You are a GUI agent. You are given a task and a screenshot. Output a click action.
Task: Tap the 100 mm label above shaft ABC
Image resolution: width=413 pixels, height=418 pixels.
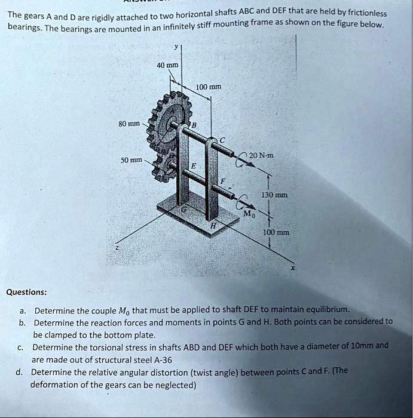[209, 87]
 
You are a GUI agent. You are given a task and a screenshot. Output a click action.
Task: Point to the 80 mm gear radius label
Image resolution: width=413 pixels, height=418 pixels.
[129, 124]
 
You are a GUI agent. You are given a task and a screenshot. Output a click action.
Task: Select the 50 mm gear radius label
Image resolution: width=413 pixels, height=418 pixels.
[131, 161]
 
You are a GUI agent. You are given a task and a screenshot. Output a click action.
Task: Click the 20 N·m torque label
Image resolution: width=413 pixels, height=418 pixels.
[262, 155]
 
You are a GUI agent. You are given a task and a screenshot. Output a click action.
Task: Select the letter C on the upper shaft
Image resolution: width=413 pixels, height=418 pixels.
[222, 140]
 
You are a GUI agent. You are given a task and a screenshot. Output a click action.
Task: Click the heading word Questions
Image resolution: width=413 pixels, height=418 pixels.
[26, 292]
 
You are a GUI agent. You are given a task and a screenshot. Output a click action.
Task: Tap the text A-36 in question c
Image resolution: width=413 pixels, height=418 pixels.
[161, 360]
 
